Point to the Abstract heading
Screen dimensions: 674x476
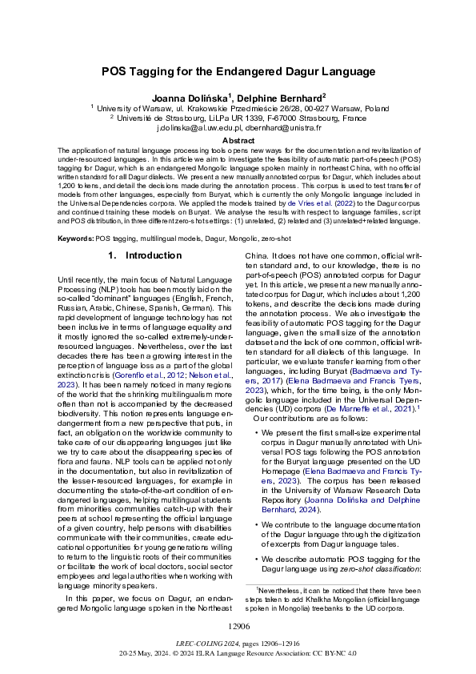(238, 140)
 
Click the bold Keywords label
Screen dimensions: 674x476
(75, 239)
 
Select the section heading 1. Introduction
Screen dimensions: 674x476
(144, 256)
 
